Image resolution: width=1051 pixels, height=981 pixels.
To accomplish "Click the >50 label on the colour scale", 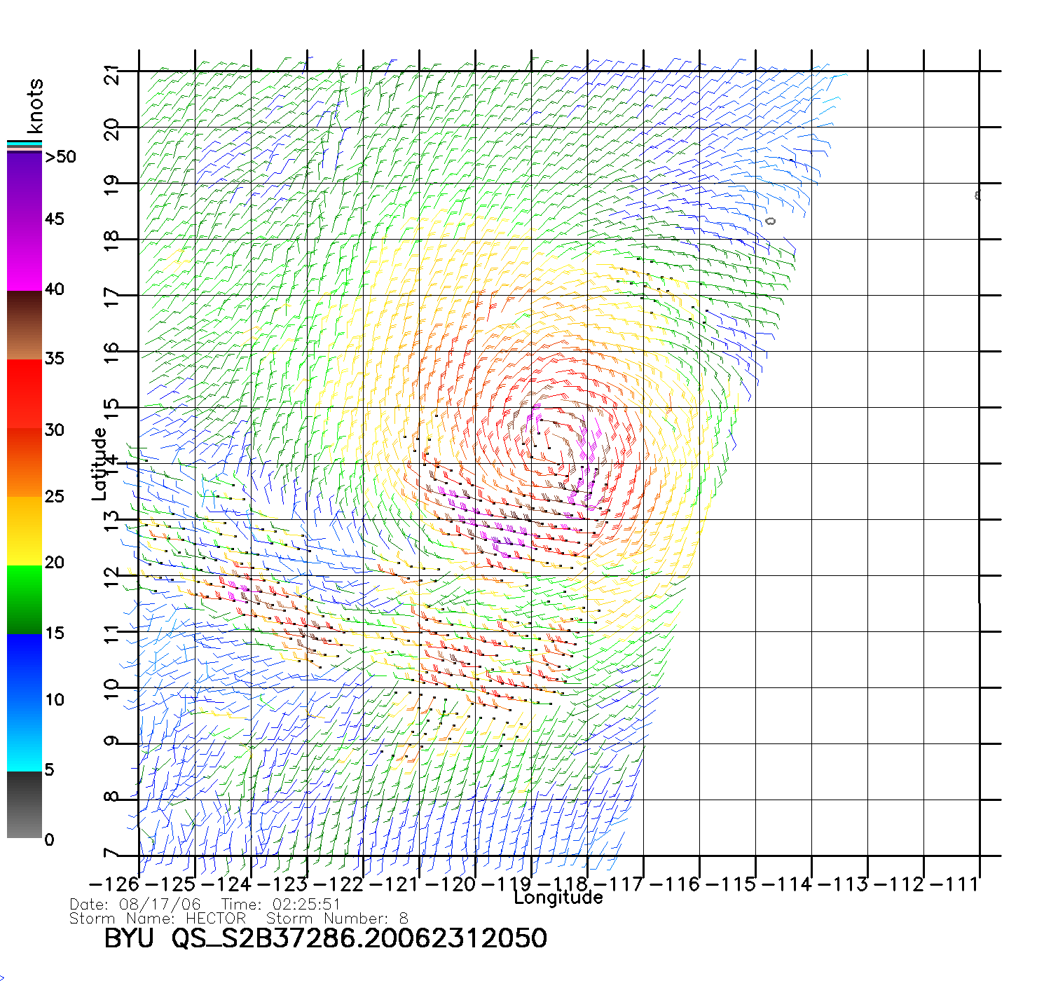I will point(60,157).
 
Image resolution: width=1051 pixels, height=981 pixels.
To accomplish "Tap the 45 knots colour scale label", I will point(54,219).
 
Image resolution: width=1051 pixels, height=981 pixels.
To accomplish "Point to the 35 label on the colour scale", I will point(54,359).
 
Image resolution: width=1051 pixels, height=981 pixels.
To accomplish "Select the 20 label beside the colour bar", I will point(54,563).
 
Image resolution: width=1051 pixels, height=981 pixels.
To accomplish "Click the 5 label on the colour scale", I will point(49,769).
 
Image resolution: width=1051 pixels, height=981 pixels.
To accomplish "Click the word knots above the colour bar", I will point(35,106).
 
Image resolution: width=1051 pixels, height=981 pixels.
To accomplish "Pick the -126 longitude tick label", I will point(114,884).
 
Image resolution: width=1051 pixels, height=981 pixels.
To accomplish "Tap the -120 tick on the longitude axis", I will point(450,884).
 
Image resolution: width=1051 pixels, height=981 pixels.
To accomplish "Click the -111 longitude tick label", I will point(954,884).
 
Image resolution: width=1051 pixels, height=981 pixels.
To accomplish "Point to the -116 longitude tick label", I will point(675,884).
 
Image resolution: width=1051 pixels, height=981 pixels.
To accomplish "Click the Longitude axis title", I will point(558,898).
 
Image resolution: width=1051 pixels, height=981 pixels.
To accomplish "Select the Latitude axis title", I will point(99,464).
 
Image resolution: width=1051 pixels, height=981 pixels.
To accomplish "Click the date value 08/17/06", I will point(160,905).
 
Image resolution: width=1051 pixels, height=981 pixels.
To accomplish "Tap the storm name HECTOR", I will point(216,919).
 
